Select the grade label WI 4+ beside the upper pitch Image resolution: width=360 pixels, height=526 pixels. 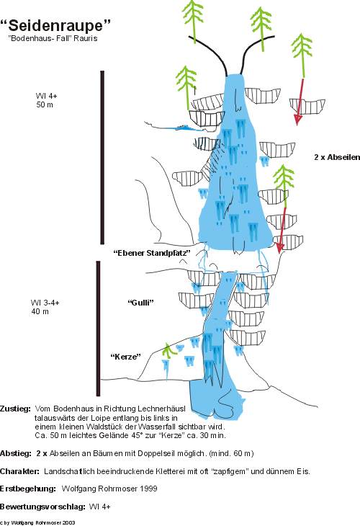pyautogui.click(x=47, y=96)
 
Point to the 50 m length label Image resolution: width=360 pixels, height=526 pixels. pyautogui.click(x=45, y=104)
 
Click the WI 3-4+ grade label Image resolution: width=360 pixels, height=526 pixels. pyautogui.click(x=45, y=303)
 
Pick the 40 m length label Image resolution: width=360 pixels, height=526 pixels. pyautogui.click(x=40, y=312)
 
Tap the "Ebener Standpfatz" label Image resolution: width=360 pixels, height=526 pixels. pyautogui.click(x=152, y=253)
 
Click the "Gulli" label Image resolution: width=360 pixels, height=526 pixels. pyautogui.click(x=141, y=303)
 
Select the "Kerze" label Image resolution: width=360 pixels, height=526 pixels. pyautogui.click(x=126, y=356)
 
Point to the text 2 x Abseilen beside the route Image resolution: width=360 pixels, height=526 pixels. pyautogui.click(x=337, y=157)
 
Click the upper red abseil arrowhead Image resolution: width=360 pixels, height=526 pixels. pyautogui.click(x=297, y=120)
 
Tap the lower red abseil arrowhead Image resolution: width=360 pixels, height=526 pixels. pyautogui.click(x=279, y=248)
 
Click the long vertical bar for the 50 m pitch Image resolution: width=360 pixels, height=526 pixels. pyautogui.click(x=102, y=157)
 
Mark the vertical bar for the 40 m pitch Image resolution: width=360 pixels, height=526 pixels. pyautogui.click(x=98, y=329)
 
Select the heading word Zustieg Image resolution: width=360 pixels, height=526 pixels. pyautogui.click(x=15, y=409)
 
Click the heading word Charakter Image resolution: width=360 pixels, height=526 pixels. pyautogui.click(x=19, y=471)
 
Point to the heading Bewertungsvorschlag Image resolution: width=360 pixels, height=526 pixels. pyautogui.click(x=42, y=507)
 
